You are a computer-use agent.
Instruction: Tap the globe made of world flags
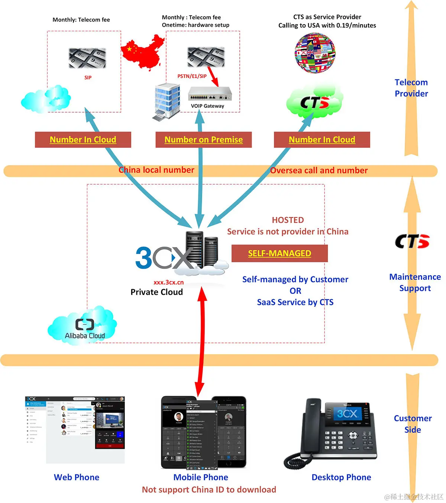point(315,53)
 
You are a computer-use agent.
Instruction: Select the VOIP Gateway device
point(210,94)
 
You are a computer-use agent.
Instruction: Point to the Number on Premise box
point(203,140)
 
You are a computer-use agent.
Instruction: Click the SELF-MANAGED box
point(279,253)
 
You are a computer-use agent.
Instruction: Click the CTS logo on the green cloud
point(314,103)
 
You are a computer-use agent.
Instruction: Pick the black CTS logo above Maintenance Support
point(412,241)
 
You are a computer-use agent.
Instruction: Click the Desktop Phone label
point(341,477)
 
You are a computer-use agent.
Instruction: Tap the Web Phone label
point(77,477)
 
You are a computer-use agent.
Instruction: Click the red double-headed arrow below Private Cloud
point(201,342)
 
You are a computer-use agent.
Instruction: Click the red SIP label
point(88,78)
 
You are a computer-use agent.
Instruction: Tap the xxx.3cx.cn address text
point(168,282)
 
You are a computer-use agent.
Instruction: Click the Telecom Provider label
point(411,88)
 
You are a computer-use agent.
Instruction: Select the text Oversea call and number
point(319,171)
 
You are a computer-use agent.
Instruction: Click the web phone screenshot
point(75,429)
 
